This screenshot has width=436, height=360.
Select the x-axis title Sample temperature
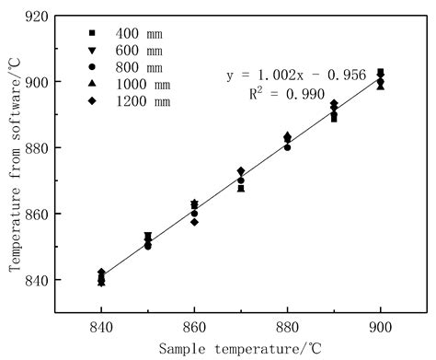(x=238, y=350)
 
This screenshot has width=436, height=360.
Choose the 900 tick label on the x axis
(x=380, y=328)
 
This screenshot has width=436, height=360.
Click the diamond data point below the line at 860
(x=194, y=222)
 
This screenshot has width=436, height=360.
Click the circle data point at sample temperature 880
(x=287, y=147)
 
